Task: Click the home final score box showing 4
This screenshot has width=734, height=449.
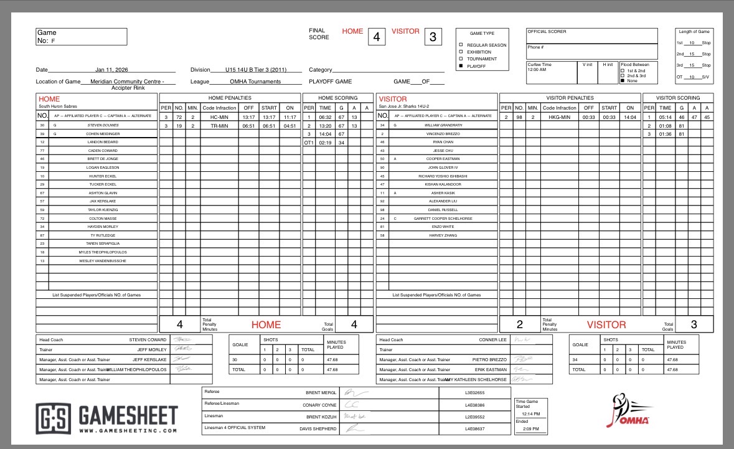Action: pyautogui.click(x=375, y=37)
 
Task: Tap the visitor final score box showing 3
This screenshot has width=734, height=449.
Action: pyautogui.click(x=433, y=37)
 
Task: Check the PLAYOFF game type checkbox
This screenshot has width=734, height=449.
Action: pyautogui.click(x=461, y=65)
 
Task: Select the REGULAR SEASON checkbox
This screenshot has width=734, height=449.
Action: pyautogui.click(x=461, y=45)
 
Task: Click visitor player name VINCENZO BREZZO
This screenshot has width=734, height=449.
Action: pyautogui.click(x=443, y=133)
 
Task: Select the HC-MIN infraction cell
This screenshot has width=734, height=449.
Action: pyautogui.click(x=219, y=116)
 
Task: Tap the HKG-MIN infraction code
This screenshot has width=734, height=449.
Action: pyautogui.click(x=559, y=116)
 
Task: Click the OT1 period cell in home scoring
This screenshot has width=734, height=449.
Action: pyautogui.click(x=308, y=142)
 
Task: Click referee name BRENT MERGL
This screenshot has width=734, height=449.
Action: pyautogui.click(x=321, y=393)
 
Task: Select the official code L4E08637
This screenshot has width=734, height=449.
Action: pyautogui.click(x=474, y=428)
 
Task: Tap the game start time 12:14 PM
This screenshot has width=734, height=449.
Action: pyautogui.click(x=530, y=414)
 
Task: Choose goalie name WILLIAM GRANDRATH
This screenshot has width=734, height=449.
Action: pyautogui.click(x=443, y=125)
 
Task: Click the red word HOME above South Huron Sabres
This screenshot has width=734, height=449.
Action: pyautogui.click(x=49, y=99)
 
